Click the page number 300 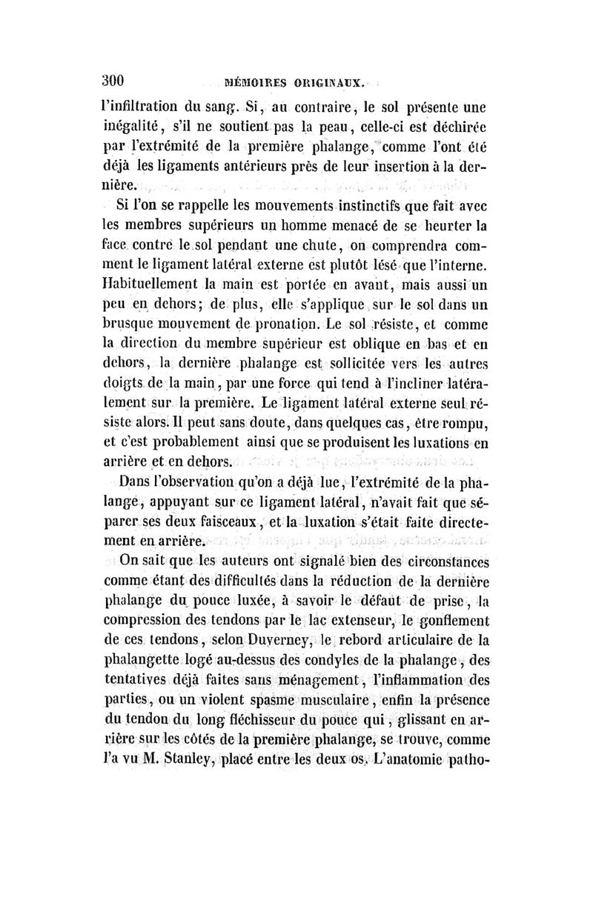(116, 79)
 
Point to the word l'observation (199, 483)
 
